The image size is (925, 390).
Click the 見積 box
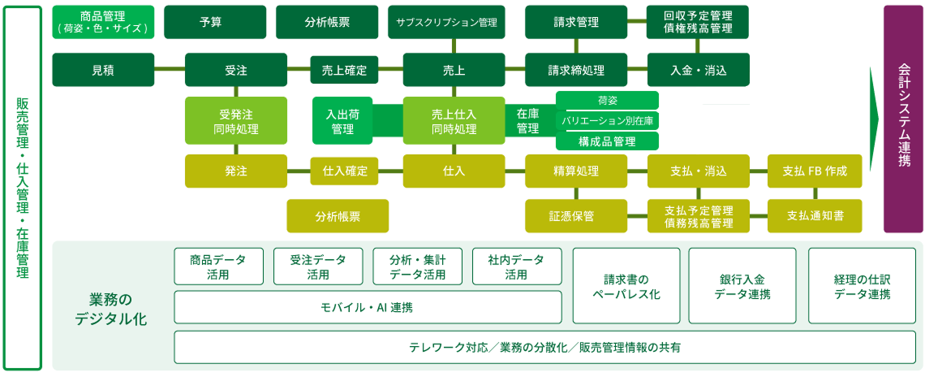[103, 70]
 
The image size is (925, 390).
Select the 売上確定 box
[344, 71]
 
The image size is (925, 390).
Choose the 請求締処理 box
[576, 70]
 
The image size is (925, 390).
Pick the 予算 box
[215, 22]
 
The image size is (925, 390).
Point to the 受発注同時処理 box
[236, 120]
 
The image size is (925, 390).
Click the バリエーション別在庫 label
[607, 120]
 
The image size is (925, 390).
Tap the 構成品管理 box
[607, 141]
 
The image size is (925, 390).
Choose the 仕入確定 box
[345, 171]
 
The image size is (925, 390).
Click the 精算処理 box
[576, 171]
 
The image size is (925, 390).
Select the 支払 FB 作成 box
[815, 171]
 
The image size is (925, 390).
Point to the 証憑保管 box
[576, 216]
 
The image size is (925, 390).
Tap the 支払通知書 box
[815, 216]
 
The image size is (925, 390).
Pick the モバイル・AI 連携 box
[368, 307]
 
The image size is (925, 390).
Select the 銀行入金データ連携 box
[742, 286]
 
